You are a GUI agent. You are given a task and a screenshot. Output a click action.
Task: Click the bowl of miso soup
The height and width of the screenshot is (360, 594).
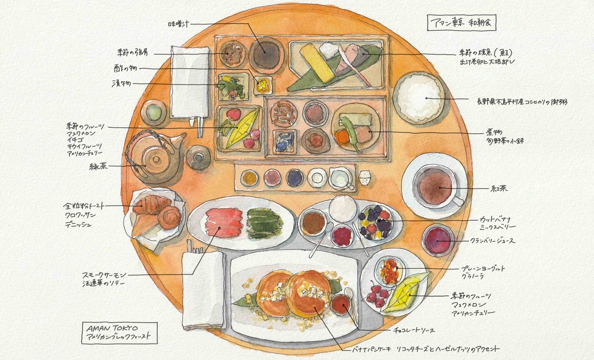[x=266, y=53]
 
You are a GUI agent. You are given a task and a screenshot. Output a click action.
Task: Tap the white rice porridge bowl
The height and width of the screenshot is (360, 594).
[x=418, y=97]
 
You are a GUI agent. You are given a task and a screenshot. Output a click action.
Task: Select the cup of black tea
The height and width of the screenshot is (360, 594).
[x=435, y=186]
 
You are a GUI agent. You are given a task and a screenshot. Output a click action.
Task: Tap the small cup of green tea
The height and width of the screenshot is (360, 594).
[x=154, y=112]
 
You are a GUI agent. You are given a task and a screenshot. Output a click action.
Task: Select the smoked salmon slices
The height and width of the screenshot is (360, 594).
[x=223, y=224]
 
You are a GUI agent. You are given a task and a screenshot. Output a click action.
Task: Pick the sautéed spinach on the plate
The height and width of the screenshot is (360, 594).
[x=265, y=223]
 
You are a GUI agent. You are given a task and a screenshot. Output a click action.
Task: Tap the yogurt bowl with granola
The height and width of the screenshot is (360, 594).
[x=390, y=270]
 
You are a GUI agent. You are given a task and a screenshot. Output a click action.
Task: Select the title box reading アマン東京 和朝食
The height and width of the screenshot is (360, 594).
[x=461, y=22]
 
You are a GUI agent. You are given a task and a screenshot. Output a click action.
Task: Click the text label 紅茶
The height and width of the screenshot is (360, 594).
[x=499, y=189]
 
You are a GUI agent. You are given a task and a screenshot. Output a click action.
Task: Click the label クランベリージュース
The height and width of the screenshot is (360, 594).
[x=492, y=241]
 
